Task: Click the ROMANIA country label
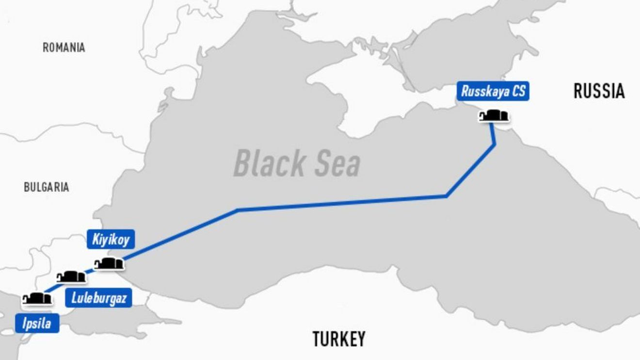click(64, 47)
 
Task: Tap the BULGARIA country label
click(47, 188)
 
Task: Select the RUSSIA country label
click(599, 91)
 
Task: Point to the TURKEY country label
click(338, 339)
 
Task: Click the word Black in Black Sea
click(268, 163)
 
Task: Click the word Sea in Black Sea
click(337, 163)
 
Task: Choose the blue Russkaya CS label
click(493, 92)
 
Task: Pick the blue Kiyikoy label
click(111, 239)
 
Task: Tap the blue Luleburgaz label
click(98, 298)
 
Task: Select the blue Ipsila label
click(37, 323)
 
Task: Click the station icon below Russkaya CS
click(494, 116)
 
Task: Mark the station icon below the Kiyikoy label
click(109, 264)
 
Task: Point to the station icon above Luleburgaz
click(71, 277)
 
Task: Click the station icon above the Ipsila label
click(37, 298)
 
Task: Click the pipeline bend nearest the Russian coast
click(495, 144)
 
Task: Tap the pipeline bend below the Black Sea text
click(238, 210)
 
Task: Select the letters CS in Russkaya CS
click(518, 92)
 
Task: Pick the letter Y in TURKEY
click(360, 339)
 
